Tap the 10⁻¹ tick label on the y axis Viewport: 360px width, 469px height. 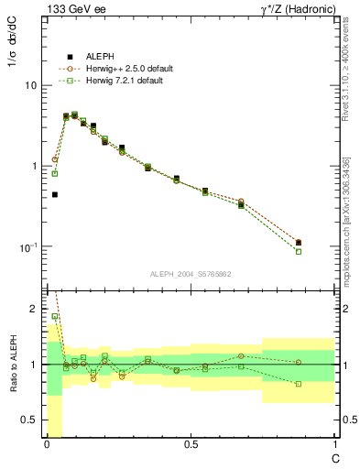click(27, 247)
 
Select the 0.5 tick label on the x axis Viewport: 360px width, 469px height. click(190, 445)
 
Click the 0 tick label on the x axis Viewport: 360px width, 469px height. click(46, 445)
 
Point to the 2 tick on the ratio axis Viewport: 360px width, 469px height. click(35, 310)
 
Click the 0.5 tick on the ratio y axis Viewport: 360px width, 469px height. click(31, 420)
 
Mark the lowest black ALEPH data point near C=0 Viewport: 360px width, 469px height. click(55, 194)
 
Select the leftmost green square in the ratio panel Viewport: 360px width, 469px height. click(55, 316)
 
